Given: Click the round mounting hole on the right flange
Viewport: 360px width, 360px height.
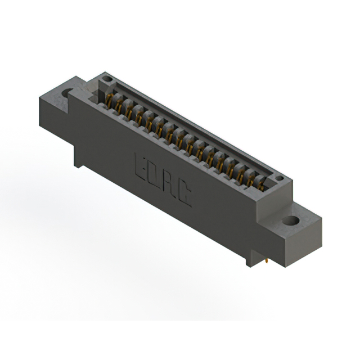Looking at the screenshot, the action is [x=291, y=221].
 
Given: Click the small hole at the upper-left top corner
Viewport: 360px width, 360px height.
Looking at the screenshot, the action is [x=107, y=79].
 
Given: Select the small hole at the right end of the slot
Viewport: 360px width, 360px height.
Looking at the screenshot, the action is [x=280, y=178].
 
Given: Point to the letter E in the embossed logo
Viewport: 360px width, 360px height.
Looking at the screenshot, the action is [x=139, y=166].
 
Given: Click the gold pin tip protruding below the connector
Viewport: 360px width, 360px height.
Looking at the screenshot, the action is [x=266, y=261].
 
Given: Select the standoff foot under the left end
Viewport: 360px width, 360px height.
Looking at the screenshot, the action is [x=78, y=159].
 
